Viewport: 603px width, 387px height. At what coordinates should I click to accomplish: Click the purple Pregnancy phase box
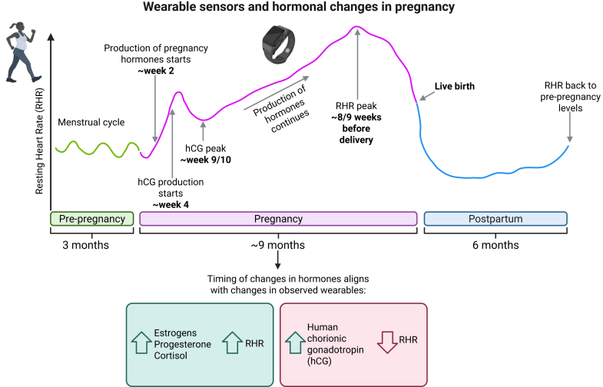(x=277, y=219)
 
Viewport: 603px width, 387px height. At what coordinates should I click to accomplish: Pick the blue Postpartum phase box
(x=495, y=219)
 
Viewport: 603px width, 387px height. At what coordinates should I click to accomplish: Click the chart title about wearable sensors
(x=301, y=8)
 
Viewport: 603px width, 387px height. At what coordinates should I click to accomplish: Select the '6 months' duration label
(x=495, y=245)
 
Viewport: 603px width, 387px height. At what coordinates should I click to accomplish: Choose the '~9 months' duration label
(x=277, y=245)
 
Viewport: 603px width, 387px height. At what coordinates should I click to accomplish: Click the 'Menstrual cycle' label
(x=91, y=121)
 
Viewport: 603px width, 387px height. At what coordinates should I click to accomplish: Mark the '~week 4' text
(x=170, y=206)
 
